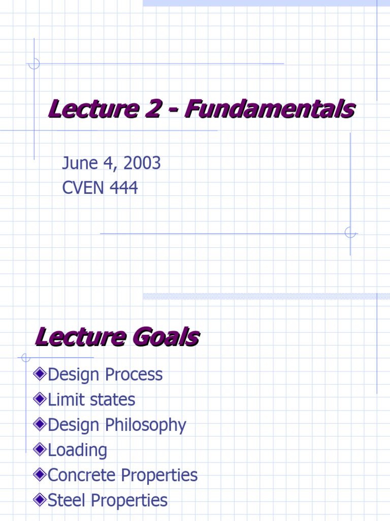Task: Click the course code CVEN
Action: click(82, 188)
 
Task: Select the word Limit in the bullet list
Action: click(64, 399)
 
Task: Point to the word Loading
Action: click(77, 450)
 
